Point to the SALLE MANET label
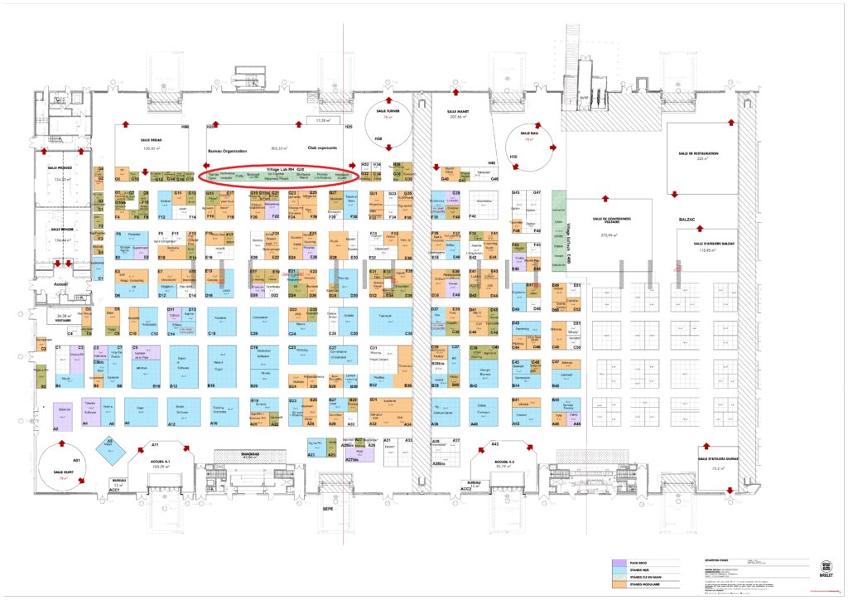(458, 112)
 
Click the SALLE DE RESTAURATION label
(698, 153)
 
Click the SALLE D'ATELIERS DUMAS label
(716, 459)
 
